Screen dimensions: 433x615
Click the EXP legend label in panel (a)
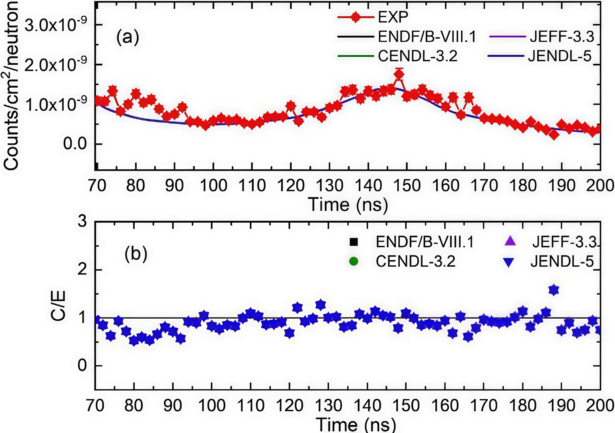(393, 17)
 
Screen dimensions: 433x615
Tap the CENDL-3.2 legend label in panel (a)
(418, 56)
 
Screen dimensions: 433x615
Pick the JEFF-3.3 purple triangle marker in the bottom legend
(510, 241)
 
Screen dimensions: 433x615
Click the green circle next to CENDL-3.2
(354, 261)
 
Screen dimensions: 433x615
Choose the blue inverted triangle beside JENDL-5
(509, 262)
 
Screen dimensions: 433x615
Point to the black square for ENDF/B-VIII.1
(354, 242)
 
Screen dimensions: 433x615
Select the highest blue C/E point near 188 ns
(554, 290)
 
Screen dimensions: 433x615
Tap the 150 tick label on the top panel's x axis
(407, 186)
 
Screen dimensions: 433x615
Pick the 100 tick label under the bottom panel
(212, 406)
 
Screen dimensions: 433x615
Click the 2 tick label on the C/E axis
(82, 269)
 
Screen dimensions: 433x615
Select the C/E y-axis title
(58, 306)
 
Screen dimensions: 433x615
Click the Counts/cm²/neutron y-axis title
(11, 86)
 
